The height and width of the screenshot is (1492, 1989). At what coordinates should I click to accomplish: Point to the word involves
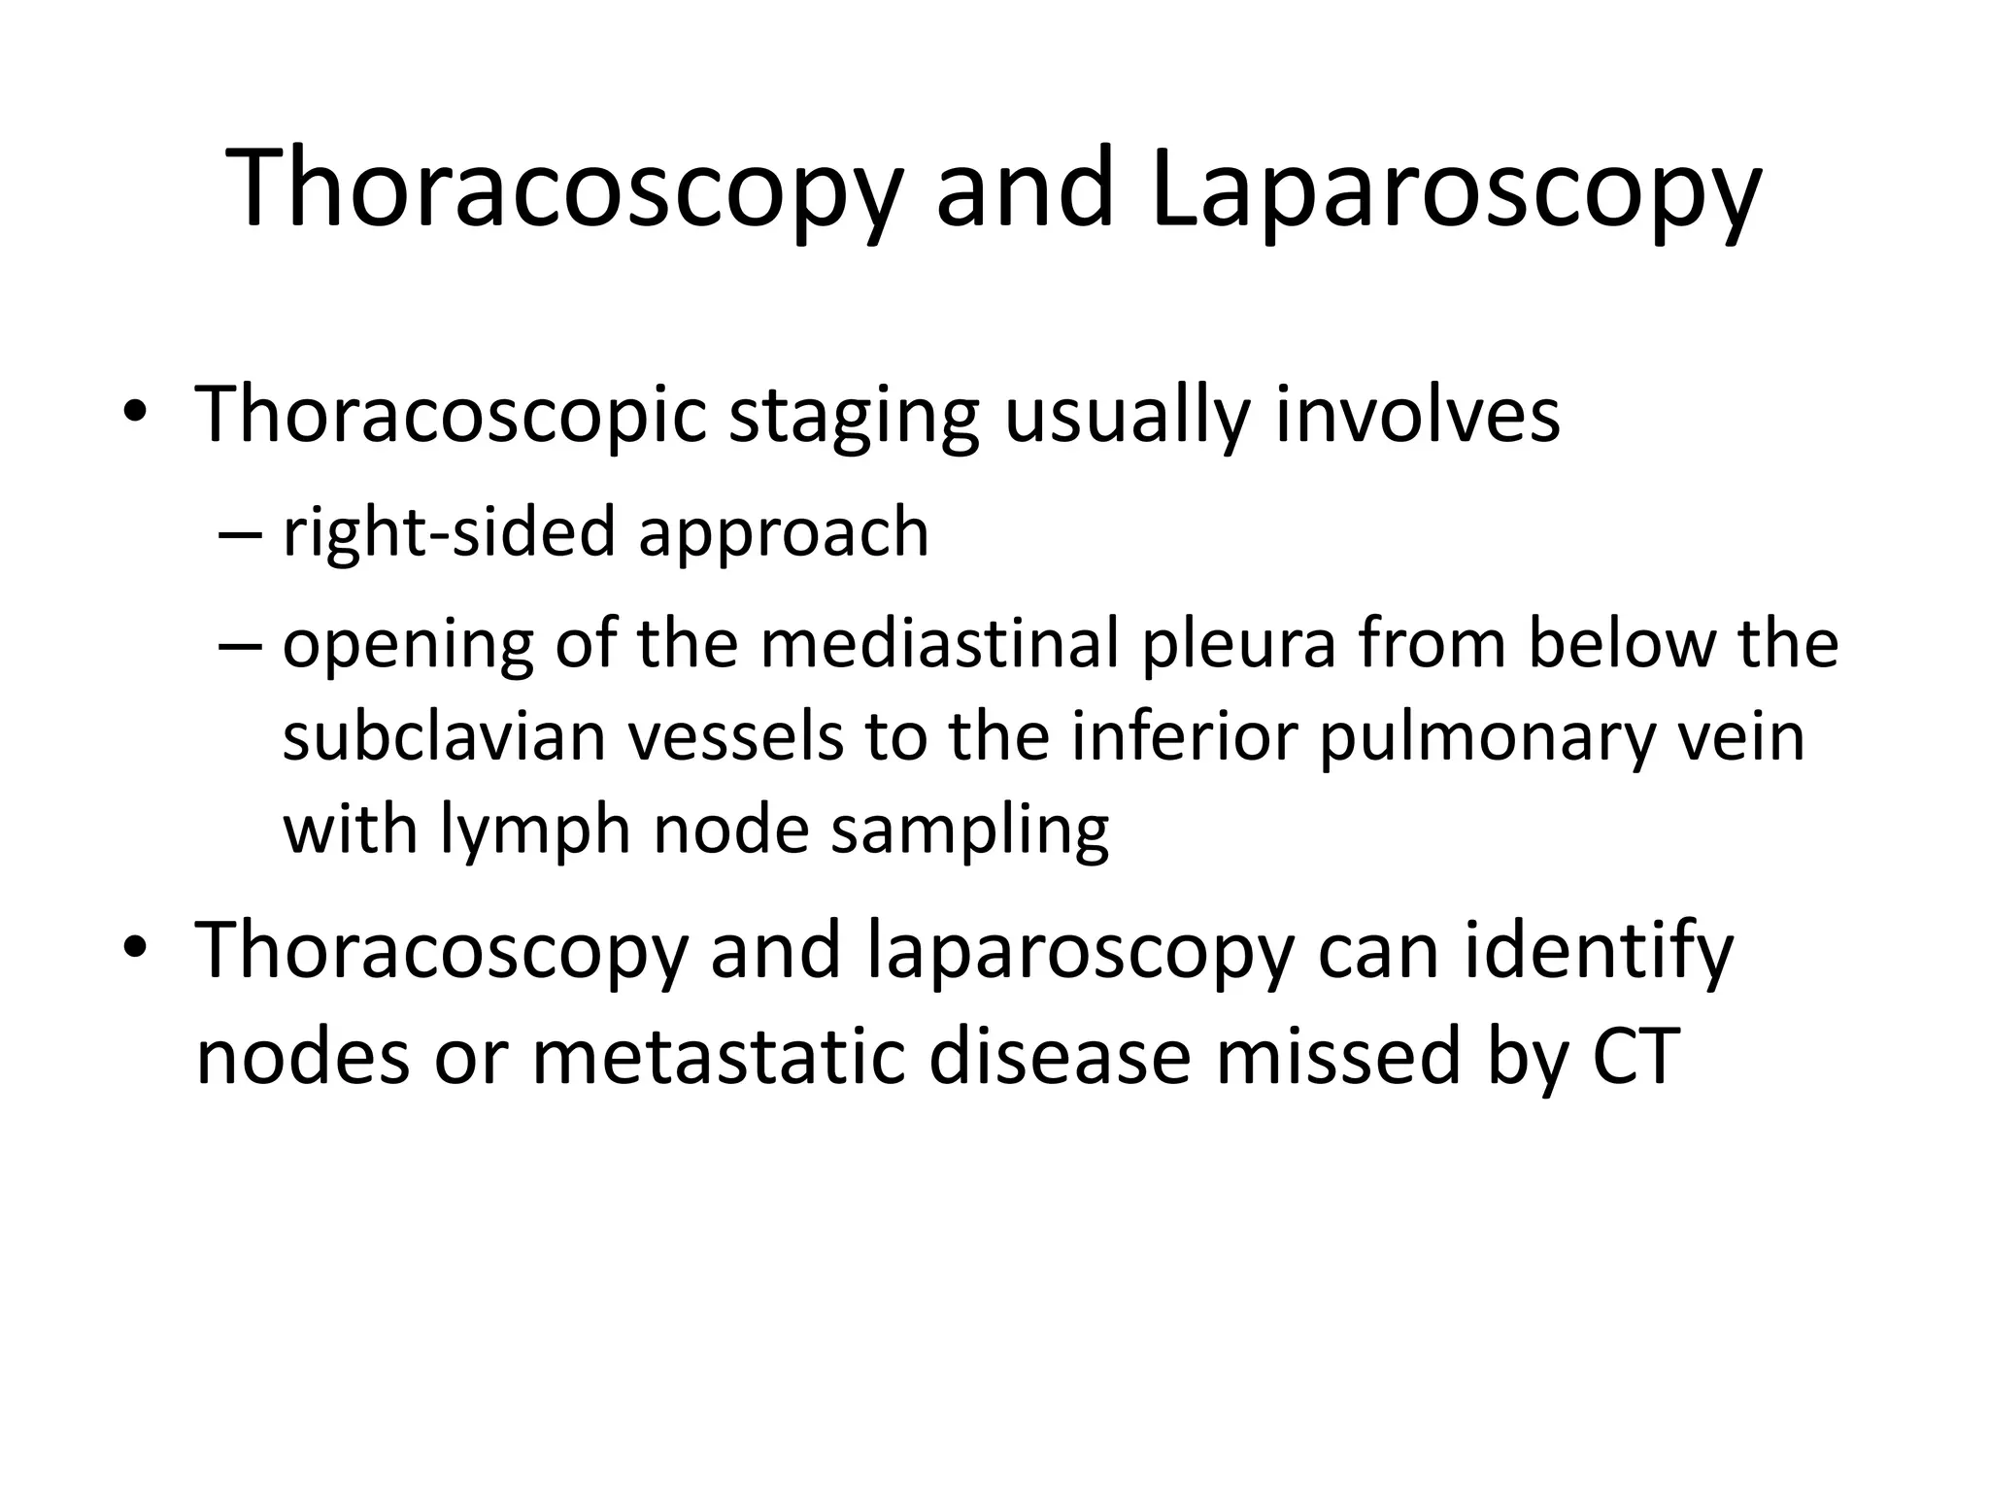click(x=1417, y=416)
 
